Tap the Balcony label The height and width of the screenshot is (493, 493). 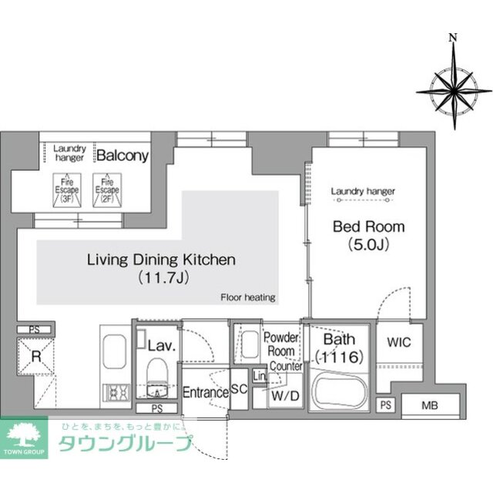(122, 156)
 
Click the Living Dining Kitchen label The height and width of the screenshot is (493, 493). (161, 260)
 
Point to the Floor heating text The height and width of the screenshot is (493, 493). (248, 297)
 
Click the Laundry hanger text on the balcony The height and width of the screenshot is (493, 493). (70, 152)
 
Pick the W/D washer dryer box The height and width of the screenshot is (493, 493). (282, 396)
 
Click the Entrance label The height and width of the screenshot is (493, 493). (205, 392)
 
